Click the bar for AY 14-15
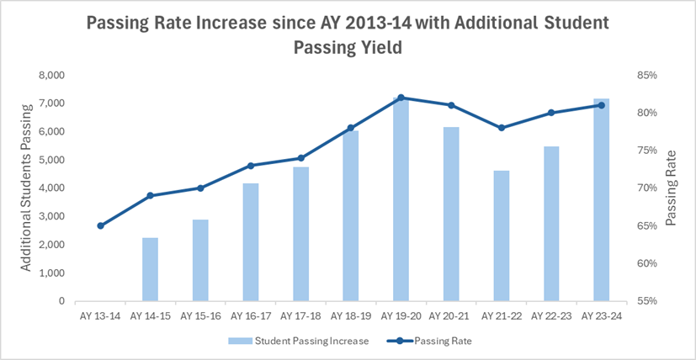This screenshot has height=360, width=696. pyautogui.click(x=150, y=269)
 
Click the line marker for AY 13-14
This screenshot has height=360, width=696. pyautogui.click(x=100, y=225)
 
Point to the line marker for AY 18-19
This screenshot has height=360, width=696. pyautogui.click(x=351, y=128)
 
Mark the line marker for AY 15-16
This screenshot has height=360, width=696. pyautogui.click(x=200, y=188)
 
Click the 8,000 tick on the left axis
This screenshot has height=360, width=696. pyautogui.click(x=52, y=75)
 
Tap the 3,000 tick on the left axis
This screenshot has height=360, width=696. pyautogui.click(x=52, y=216)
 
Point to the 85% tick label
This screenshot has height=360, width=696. pyautogui.click(x=646, y=75)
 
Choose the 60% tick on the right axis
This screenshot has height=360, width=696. pyautogui.click(x=646, y=263)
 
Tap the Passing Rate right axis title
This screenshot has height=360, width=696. pyautogui.click(x=671, y=188)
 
